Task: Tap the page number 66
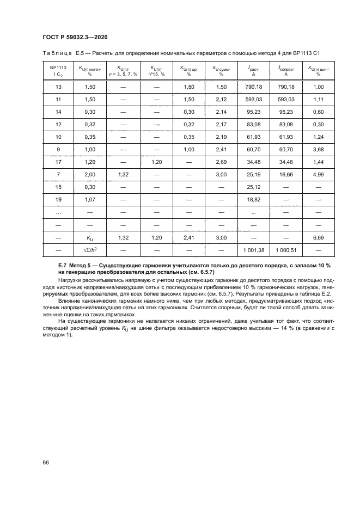pyautogui.click(x=46, y=462)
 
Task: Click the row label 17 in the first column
pyautogui.click(x=58, y=162)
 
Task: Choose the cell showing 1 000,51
pyautogui.click(x=285, y=249)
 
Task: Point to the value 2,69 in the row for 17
pyautogui.click(x=221, y=162)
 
